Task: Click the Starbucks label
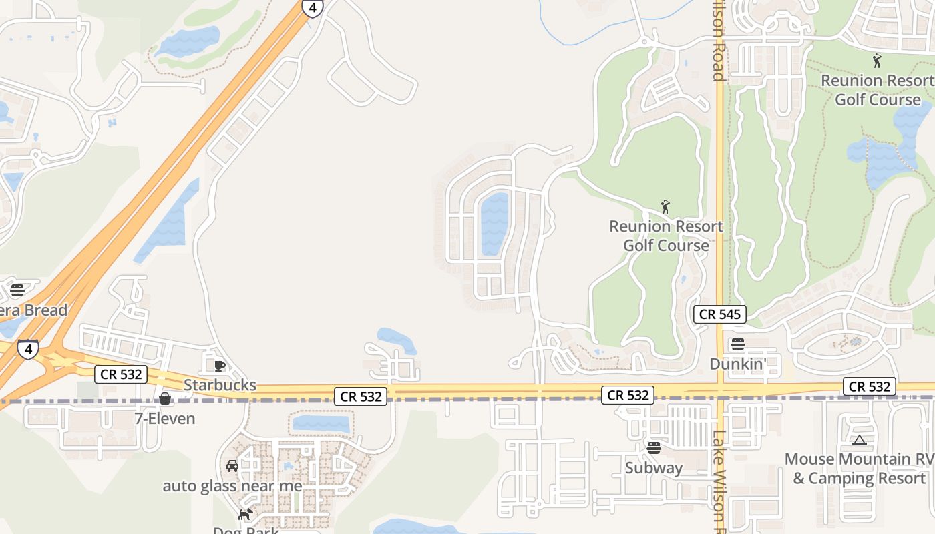220,385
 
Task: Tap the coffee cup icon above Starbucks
219,366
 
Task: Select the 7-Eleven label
165,419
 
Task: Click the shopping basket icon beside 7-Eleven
165,399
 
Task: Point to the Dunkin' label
737,364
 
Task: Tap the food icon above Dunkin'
738,344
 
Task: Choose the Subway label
654,468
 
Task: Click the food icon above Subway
654,448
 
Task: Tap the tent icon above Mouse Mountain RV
860,440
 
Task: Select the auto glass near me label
232,486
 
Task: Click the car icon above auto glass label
232,466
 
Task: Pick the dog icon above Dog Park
246,514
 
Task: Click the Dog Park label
246,530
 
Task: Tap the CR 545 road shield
719,314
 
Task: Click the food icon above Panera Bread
17,290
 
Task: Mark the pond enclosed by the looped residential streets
494,224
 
